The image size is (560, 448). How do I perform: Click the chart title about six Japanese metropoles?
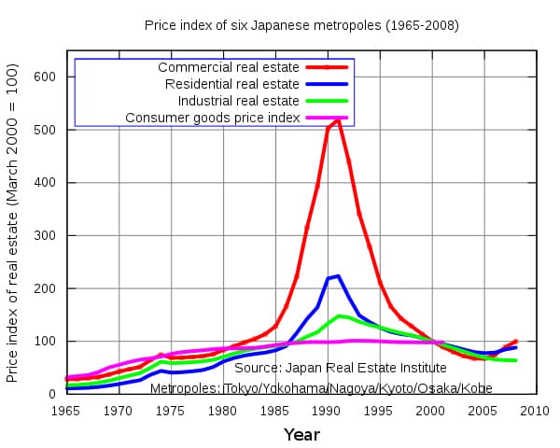[301, 24]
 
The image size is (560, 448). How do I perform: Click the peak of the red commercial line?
[338, 119]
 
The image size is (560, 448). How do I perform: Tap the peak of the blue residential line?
[338, 275]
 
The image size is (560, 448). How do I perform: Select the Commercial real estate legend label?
[228, 68]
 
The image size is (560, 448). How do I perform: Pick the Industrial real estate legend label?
[238, 101]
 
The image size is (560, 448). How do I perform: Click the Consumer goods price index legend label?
[212, 118]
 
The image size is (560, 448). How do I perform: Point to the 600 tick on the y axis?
[45, 77]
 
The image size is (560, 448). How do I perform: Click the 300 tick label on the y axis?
[45, 235]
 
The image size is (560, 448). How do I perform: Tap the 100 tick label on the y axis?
[45, 342]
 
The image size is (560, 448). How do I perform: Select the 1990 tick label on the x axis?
[327, 410]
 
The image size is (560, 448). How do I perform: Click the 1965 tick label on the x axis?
[66, 410]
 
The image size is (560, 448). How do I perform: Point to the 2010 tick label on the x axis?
[535, 410]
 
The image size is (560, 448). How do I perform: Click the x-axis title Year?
[301, 434]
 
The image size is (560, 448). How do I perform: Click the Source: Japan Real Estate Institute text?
[315, 369]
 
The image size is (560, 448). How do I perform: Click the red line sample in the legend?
[327, 68]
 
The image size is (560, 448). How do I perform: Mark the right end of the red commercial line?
[515, 342]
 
